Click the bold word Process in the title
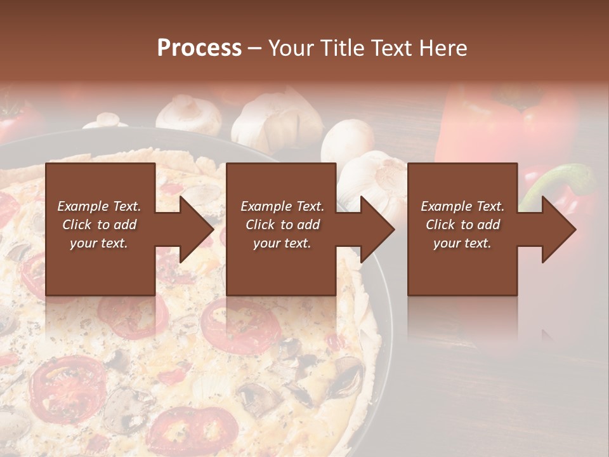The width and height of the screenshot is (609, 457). [x=199, y=48]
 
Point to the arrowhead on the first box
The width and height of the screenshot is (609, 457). [x=197, y=229]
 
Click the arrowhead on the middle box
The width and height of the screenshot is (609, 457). [x=377, y=229]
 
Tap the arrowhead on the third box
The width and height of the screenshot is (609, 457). [x=559, y=229]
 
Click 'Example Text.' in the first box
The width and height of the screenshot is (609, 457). [x=99, y=206]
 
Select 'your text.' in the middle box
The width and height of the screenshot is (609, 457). [x=282, y=243]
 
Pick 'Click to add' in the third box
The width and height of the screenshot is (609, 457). [x=462, y=225]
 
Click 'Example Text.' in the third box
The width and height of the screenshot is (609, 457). [x=462, y=206]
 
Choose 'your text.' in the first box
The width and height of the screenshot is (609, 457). [x=99, y=243]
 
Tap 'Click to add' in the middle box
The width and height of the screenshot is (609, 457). [x=282, y=225]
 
